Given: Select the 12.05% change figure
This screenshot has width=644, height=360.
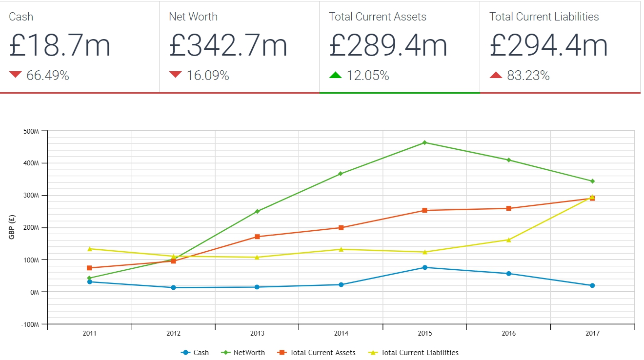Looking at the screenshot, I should [368, 76].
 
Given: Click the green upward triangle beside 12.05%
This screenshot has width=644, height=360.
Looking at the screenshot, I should [336, 75].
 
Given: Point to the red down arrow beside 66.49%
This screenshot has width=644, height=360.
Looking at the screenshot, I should [16, 75].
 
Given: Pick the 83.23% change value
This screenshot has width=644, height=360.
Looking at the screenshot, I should [528, 76].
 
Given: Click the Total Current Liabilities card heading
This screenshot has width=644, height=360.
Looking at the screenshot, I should [544, 17].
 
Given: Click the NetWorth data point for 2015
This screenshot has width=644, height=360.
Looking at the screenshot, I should [424, 142].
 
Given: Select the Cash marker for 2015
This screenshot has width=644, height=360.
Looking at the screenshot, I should [424, 267].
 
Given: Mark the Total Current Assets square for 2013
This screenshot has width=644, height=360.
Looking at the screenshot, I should [257, 237].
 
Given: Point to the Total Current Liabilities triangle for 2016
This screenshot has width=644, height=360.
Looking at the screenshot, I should [508, 240].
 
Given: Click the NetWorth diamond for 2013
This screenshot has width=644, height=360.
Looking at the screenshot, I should [257, 211].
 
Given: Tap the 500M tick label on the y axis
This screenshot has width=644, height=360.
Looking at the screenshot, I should [31, 131].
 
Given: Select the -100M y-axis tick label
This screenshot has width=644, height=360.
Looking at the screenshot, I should [30, 324].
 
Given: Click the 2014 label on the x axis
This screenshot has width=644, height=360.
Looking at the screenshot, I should [341, 334].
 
